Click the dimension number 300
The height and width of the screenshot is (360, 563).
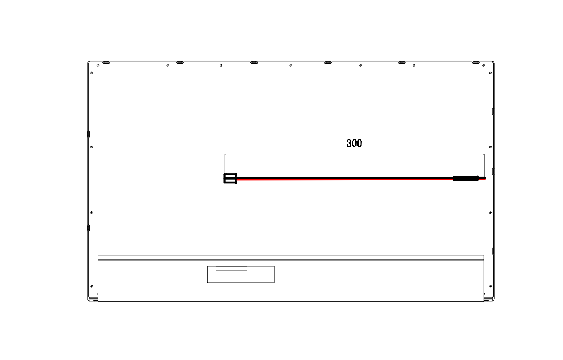(x=354, y=143)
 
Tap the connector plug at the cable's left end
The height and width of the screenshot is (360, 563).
(x=230, y=179)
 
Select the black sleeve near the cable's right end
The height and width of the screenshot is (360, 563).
(x=466, y=178)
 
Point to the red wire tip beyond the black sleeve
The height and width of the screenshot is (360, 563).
(x=482, y=179)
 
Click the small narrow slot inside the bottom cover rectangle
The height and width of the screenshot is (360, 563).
(x=231, y=268)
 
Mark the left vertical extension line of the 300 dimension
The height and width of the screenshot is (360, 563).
(x=224, y=164)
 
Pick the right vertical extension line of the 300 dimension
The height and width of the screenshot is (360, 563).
(x=484, y=165)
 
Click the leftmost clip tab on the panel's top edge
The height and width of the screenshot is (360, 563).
(x=106, y=62)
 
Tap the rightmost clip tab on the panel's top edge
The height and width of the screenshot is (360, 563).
(x=476, y=62)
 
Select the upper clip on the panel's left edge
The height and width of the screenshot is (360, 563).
(x=89, y=134)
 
